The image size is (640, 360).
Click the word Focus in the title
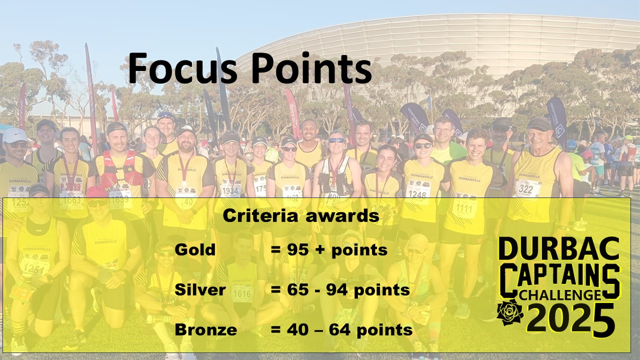(183, 68)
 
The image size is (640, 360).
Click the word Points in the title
(311, 68)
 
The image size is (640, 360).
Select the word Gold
(195, 249)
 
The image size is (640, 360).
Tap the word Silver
(200, 289)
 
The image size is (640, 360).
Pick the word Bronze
(205, 329)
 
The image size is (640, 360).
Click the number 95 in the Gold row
(297, 249)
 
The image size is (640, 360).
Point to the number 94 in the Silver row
(337, 289)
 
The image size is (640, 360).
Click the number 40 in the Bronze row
(297, 329)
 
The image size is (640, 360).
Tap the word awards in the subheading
(342, 216)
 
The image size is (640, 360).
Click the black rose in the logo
(510, 312)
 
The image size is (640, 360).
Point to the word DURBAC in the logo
(558, 248)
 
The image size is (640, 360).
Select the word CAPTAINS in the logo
(559, 279)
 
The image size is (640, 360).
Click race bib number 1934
(230, 190)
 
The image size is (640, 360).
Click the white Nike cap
(14, 135)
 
